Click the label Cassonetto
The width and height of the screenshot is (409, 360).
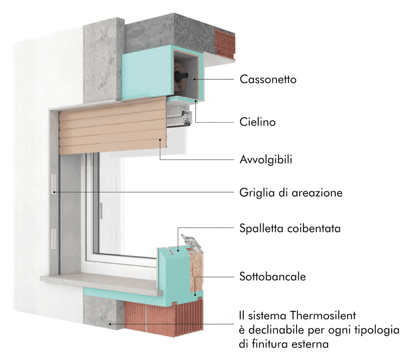(268, 79)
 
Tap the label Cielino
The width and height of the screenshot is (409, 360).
(258, 122)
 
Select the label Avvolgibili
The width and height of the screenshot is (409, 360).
(266, 159)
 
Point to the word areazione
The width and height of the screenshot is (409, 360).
(317, 193)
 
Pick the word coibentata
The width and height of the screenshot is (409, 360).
(314, 229)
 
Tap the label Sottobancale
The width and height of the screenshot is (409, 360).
(273, 276)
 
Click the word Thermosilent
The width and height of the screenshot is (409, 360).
(323, 315)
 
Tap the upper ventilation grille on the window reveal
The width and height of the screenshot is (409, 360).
(54, 184)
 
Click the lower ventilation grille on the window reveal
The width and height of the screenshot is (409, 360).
(54, 239)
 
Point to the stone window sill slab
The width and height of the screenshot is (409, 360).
(102, 283)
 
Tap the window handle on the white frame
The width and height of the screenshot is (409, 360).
(101, 211)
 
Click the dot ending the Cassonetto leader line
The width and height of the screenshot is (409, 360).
(194, 79)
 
